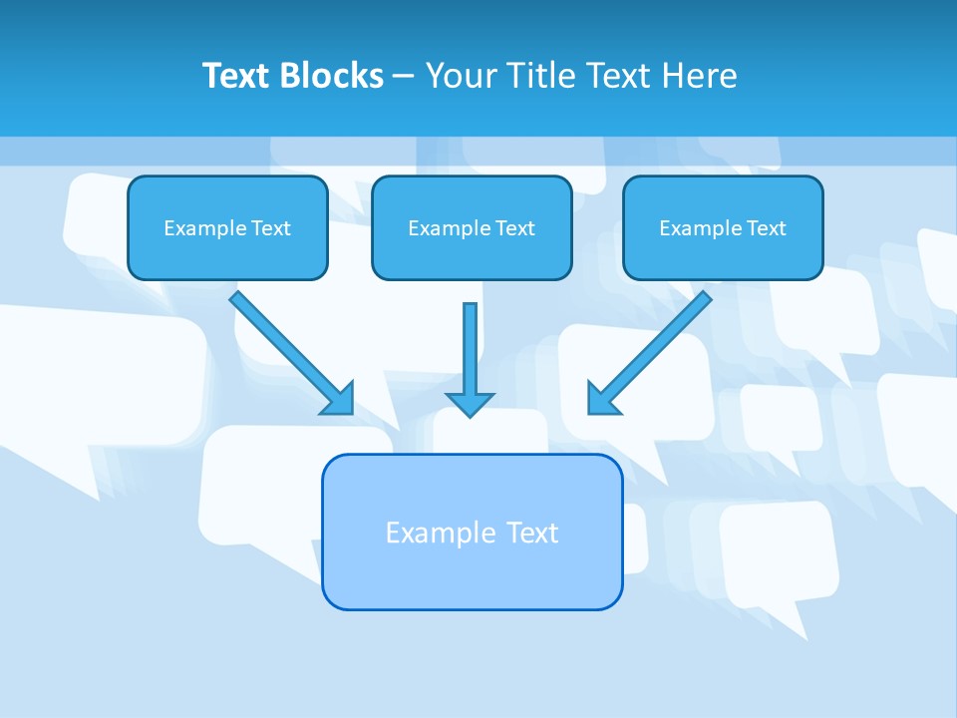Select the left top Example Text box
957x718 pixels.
point(227,228)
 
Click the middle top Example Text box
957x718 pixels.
point(472,228)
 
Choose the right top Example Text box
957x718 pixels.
point(723,228)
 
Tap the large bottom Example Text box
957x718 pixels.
point(472,533)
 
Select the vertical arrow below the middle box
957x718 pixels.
point(470,349)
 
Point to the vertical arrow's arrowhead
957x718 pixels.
point(470,404)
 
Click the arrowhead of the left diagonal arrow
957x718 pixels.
point(339,399)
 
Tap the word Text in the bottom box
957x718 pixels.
point(533,533)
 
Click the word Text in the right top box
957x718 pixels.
point(767,228)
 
